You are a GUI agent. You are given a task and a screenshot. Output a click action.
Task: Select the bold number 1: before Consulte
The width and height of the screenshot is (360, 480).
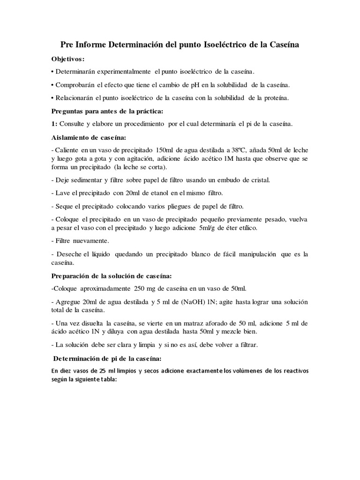point(54,124)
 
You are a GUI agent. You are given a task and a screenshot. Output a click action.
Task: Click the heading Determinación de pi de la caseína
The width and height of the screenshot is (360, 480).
point(107,359)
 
